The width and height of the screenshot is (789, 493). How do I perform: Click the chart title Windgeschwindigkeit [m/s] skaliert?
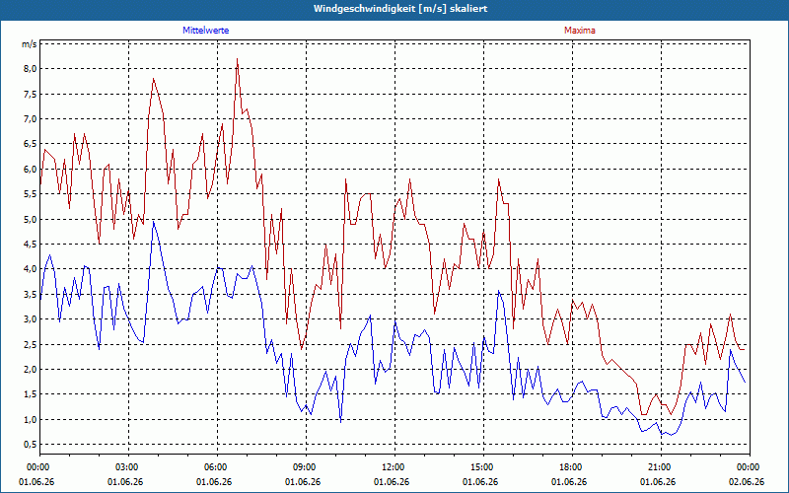(x=400, y=9)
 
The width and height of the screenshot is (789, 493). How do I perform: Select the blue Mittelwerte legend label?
(x=206, y=31)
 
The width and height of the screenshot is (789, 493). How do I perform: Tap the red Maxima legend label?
(x=580, y=31)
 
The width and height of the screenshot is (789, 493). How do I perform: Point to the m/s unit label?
(x=29, y=44)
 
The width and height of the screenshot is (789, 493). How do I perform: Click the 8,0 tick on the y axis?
(x=30, y=69)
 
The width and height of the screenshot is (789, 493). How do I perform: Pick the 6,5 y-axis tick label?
(x=30, y=144)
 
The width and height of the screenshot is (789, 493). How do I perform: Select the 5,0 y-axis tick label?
(x=30, y=219)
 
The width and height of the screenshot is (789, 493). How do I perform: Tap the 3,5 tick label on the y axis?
(x=30, y=294)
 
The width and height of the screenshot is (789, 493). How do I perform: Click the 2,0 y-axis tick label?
(x=30, y=369)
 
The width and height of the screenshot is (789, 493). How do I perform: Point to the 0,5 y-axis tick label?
(x=30, y=445)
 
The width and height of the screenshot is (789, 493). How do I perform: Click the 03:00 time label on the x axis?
(x=129, y=467)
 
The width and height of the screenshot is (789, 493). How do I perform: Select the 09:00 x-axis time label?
(x=306, y=467)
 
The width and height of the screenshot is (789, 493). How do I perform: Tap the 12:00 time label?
(x=395, y=467)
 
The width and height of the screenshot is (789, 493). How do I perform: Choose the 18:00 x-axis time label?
(x=572, y=467)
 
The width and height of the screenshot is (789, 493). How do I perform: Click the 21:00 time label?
(x=661, y=467)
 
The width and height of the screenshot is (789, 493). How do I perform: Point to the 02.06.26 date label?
(x=747, y=481)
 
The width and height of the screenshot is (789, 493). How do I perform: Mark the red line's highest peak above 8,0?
(x=237, y=59)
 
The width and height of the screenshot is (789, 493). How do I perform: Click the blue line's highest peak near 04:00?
(x=154, y=222)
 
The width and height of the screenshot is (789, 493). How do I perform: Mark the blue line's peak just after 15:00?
(x=498, y=291)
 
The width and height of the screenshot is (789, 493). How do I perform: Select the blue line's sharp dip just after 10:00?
(x=340, y=422)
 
